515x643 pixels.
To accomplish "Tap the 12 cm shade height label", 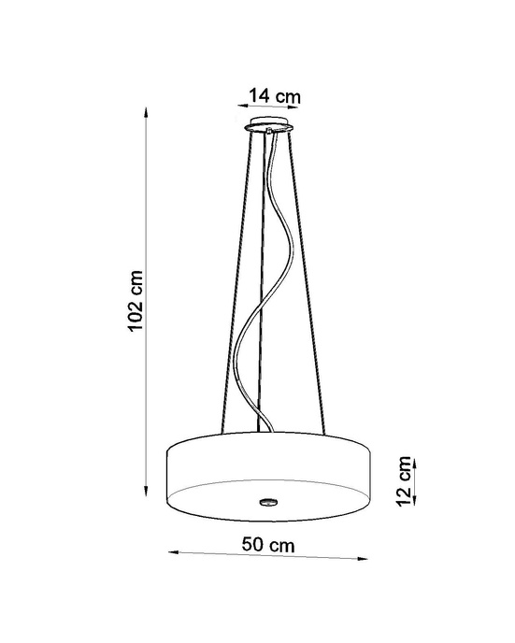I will (x=404, y=483).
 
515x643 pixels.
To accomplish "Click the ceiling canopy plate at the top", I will (x=268, y=128).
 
